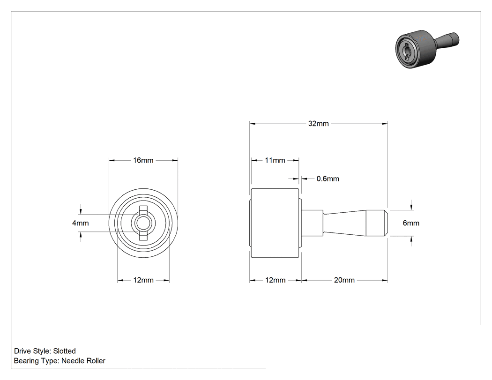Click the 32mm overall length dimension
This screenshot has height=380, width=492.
point(318,124)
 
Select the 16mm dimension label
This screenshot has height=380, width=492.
point(143,160)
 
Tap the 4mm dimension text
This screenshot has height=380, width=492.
point(80,223)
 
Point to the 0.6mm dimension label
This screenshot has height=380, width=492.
point(328,179)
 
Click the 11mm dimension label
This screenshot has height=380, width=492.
point(275,160)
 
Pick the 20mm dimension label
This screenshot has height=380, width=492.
point(344,280)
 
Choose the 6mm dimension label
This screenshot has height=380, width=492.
point(411,223)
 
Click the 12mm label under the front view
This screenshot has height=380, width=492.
point(143,280)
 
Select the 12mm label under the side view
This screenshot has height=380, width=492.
point(275,280)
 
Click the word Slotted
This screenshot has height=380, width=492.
point(64,351)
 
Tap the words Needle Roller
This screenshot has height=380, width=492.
point(83,361)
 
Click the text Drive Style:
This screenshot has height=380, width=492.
point(32,351)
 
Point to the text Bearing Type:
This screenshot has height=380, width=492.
point(37,361)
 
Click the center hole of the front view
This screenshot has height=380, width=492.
point(143,223)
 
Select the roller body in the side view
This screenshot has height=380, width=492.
point(275,223)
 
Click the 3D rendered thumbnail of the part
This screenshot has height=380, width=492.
point(427,49)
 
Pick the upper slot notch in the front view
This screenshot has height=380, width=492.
point(143,209)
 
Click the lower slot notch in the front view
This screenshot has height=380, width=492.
point(143,238)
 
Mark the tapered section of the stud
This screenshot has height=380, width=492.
point(344,223)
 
